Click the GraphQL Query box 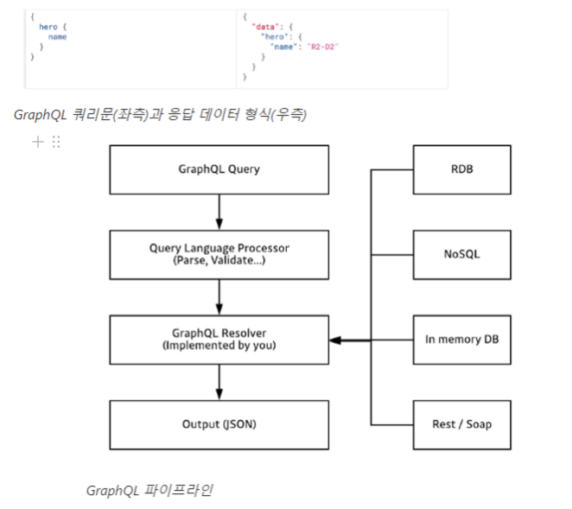coord(219,169)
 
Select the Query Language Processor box coord(219,253)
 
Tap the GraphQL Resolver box coord(219,340)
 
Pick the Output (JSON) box coord(219,424)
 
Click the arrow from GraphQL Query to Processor coord(219,212)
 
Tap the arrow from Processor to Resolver coord(219,296)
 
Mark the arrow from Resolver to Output coord(219,382)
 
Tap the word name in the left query coord(57,37)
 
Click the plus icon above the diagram coord(38,142)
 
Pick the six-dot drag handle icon coord(56,142)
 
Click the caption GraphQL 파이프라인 coord(149,490)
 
